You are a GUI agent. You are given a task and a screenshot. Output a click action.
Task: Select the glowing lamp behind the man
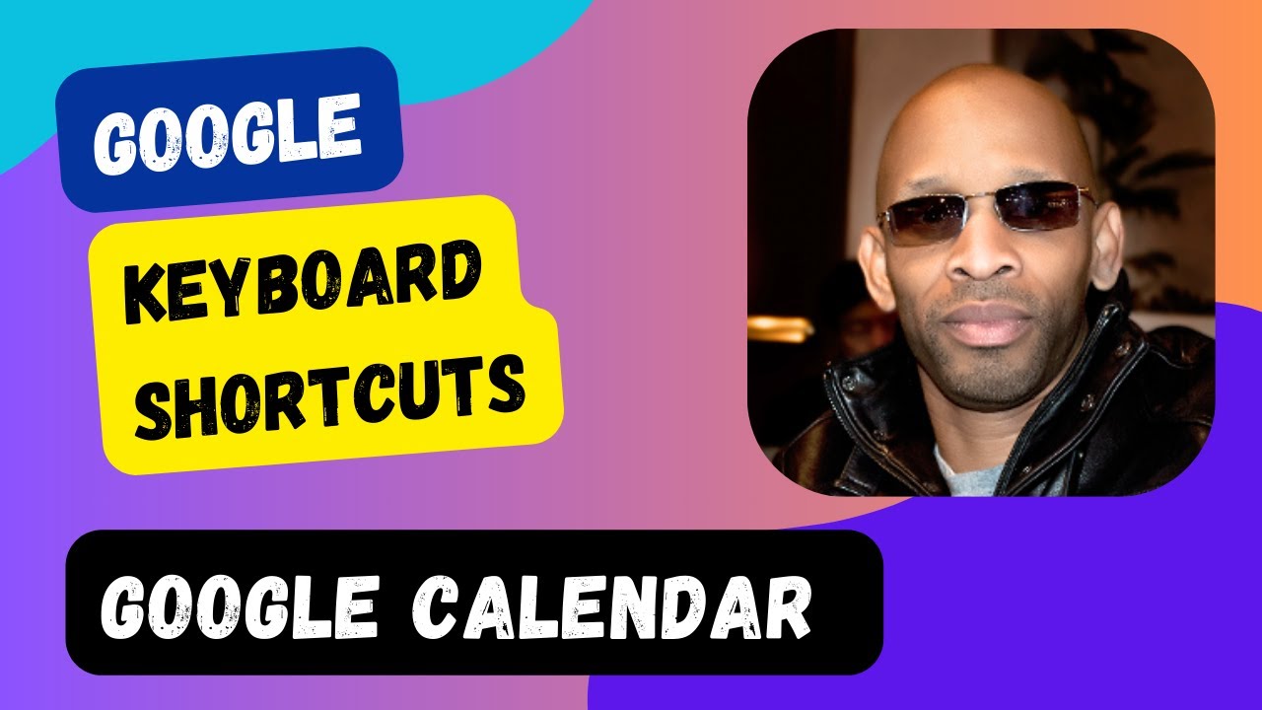(779, 330)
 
